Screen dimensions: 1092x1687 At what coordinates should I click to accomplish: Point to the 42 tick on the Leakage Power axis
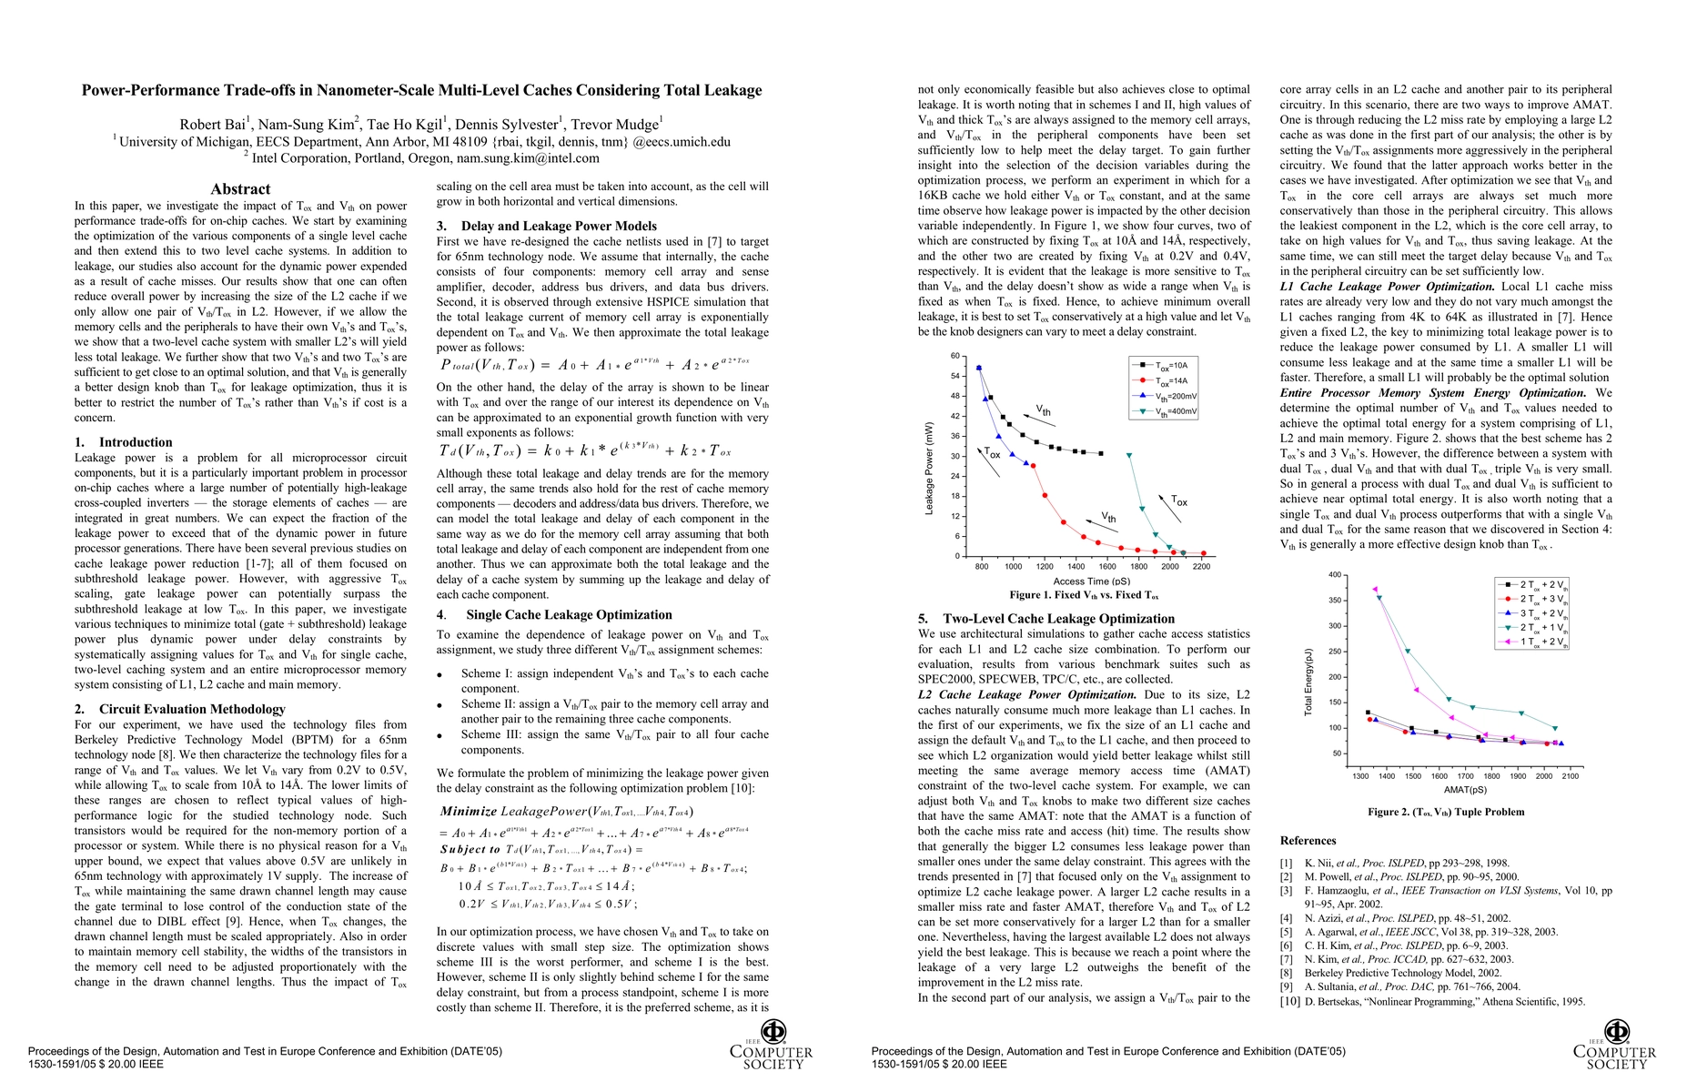tap(955, 416)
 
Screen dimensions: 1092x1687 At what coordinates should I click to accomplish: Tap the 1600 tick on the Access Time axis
tap(1107, 566)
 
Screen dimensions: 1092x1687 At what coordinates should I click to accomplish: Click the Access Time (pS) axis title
tap(1091, 581)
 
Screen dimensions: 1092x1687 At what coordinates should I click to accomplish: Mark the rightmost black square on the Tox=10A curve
tap(1101, 453)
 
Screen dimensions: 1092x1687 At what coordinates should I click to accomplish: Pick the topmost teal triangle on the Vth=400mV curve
tap(1129, 455)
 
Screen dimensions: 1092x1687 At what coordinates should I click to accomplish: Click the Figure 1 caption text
tap(1084, 595)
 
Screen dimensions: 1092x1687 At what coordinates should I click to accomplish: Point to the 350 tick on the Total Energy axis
tap(1335, 601)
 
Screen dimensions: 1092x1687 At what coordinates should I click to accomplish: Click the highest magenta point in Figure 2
tap(1374, 589)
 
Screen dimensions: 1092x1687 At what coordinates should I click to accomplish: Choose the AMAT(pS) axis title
tap(1465, 790)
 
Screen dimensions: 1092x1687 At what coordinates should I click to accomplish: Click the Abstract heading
tap(240, 189)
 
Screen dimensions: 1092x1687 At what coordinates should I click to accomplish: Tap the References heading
tap(1308, 841)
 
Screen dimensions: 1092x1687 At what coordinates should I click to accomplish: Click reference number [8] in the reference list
tap(1286, 973)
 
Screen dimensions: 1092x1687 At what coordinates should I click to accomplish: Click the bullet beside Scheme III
tap(439, 736)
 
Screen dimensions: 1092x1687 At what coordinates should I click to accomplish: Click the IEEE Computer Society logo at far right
tap(1615, 1046)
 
